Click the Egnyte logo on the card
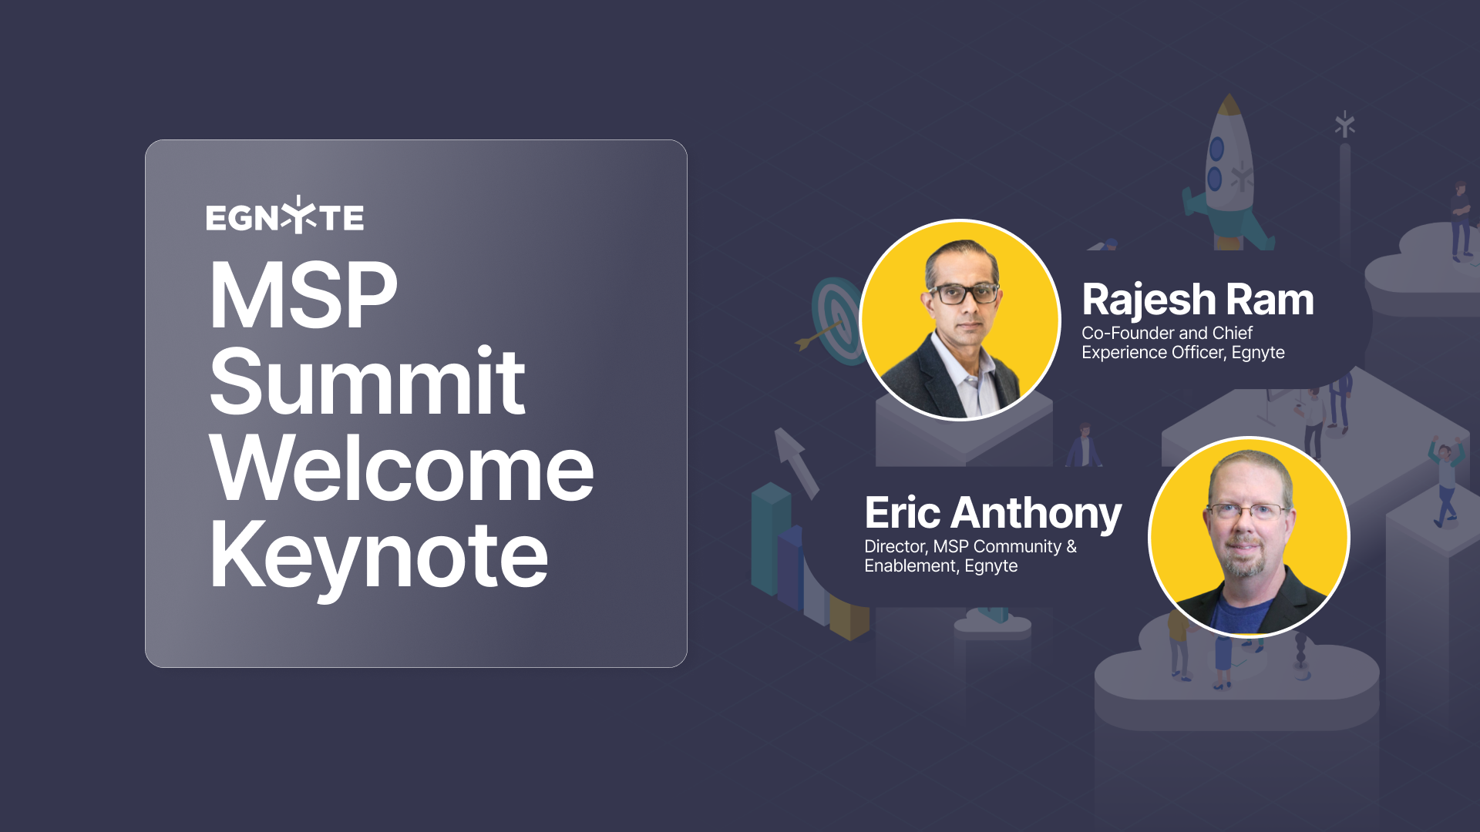(284, 216)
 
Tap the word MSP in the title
(304, 296)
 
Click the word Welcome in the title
(402, 468)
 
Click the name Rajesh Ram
(1198, 299)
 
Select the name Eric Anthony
(993, 514)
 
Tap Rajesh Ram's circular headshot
(960, 320)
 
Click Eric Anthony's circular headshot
(1249, 537)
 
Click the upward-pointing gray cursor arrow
(796, 463)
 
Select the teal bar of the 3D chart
(771, 539)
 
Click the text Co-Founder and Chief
(1167, 333)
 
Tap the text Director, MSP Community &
(970, 546)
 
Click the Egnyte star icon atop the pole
(1345, 124)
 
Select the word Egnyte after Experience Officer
(1258, 353)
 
